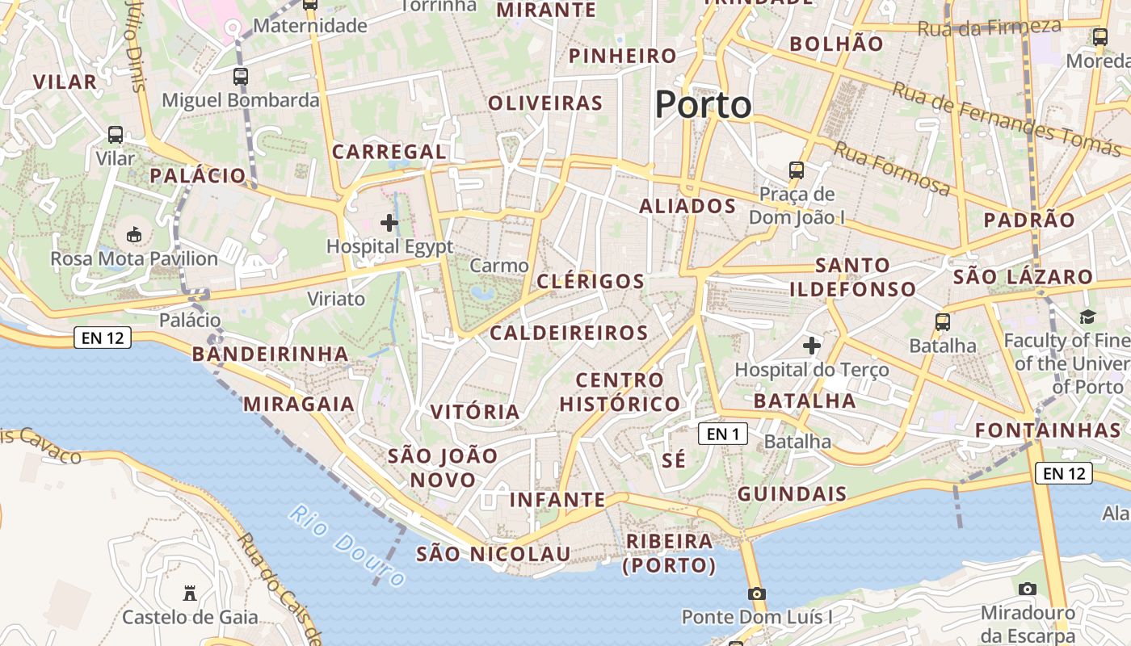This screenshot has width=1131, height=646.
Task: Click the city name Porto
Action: [x=703, y=105]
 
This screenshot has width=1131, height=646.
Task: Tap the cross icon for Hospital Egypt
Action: [x=389, y=222]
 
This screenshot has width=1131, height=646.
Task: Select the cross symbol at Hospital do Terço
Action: [x=812, y=346]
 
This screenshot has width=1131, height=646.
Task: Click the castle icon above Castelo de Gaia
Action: [x=190, y=594]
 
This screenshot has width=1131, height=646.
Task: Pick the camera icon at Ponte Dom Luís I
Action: [x=756, y=594]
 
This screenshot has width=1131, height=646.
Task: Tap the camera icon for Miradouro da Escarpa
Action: [x=1028, y=589]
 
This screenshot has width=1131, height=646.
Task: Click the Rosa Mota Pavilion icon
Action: [x=134, y=235]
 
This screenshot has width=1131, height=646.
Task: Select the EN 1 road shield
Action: [x=723, y=434]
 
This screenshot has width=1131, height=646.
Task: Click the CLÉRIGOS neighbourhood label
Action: [x=591, y=282]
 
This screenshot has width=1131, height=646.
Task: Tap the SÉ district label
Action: [x=674, y=460]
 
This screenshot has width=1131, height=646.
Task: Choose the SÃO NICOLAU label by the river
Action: [x=494, y=554]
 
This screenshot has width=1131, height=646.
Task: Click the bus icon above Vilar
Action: [x=116, y=135]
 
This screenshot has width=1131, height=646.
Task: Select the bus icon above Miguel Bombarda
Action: [x=241, y=77]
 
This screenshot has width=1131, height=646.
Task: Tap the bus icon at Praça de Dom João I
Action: [x=797, y=170]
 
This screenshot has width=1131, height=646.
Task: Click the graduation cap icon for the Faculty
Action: [x=1087, y=317]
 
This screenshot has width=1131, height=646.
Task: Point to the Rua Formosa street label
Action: [x=892, y=169]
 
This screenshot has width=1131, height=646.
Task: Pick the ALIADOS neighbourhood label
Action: [x=687, y=206]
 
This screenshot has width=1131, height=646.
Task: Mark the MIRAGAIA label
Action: [x=299, y=404]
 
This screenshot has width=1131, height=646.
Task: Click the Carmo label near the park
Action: [x=499, y=266]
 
